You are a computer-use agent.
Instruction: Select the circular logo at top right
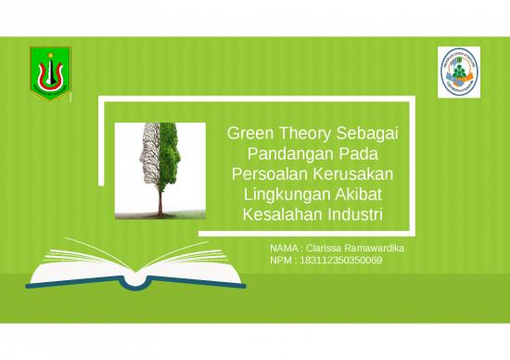point(460,71)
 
